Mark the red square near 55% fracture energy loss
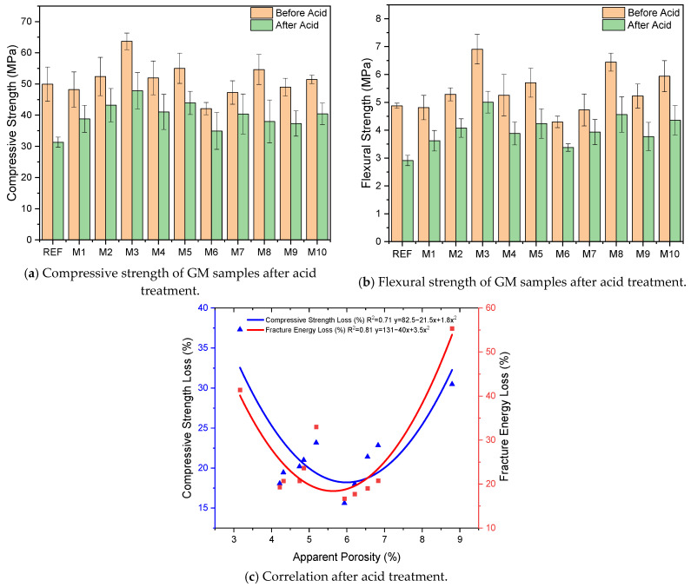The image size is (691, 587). [452, 328]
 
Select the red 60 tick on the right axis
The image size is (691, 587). [488, 307]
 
